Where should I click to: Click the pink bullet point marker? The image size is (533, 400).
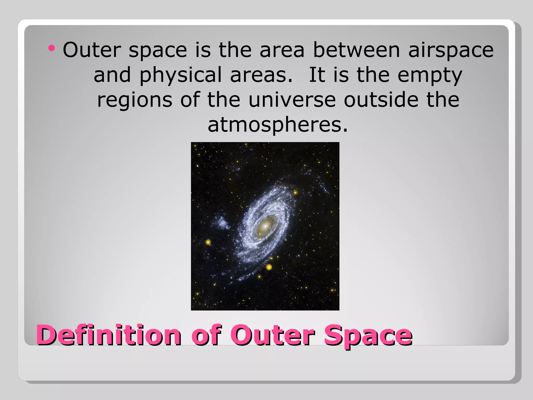(x=52, y=48)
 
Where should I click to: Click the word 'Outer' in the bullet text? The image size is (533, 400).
(x=92, y=50)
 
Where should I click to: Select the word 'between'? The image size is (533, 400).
(x=356, y=50)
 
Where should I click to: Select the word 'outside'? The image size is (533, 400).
(x=380, y=100)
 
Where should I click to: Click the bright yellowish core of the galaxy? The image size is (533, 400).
(x=266, y=226)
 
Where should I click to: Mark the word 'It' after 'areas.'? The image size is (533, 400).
(x=317, y=75)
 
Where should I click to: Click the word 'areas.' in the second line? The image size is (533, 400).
(x=261, y=75)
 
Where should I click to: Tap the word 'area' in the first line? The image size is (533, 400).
(x=282, y=50)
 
